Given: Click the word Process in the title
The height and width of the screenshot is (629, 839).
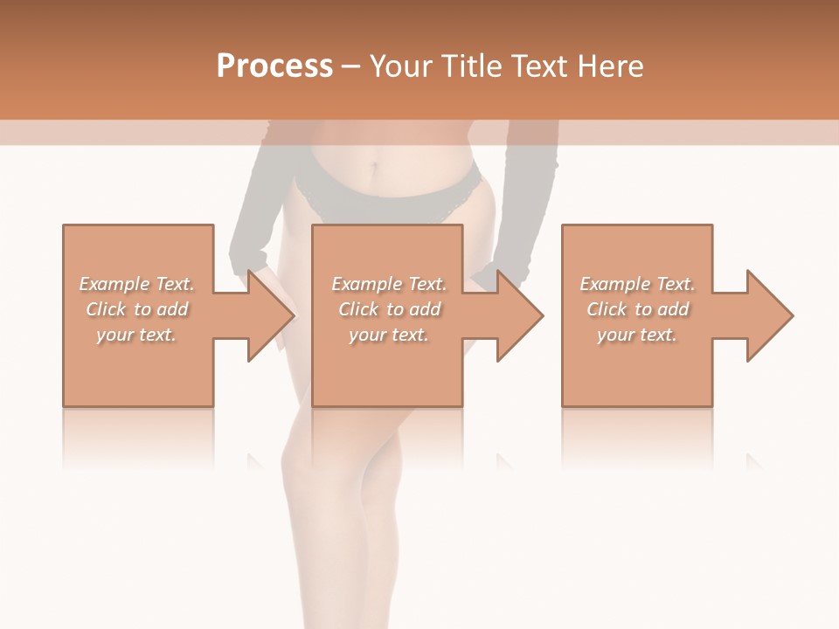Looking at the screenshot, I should pyautogui.click(x=274, y=66).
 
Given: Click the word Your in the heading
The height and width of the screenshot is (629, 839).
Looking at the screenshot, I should pyautogui.click(x=399, y=66).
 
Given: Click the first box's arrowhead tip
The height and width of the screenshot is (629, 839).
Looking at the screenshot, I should pyautogui.click(x=293, y=315).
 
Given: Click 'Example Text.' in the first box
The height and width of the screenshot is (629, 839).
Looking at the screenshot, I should pyautogui.click(x=136, y=284).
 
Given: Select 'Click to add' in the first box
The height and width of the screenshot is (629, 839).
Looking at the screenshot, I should pyautogui.click(x=136, y=309).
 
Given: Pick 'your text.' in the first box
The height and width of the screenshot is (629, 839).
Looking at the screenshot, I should pyautogui.click(x=136, y=335).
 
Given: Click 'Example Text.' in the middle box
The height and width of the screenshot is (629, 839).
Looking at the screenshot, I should pyautogui.click(x=389, y=284).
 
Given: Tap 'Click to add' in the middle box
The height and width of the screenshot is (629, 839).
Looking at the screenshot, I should pyautogui.click(x=389, y=309).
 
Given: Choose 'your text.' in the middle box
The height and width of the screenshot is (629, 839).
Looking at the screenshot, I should pyautogui.click(x=389, y=335).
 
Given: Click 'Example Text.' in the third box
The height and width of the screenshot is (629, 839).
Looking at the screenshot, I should pyautogui.click(x=637, y=284).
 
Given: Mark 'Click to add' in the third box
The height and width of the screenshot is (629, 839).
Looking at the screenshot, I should pyautogui.click(x=637, y=309).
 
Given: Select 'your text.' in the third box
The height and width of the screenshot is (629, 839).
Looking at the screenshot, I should pyautogui.click(x=637, y=335).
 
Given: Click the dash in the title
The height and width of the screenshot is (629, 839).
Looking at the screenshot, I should pyautogui.click(x=351, y=66).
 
